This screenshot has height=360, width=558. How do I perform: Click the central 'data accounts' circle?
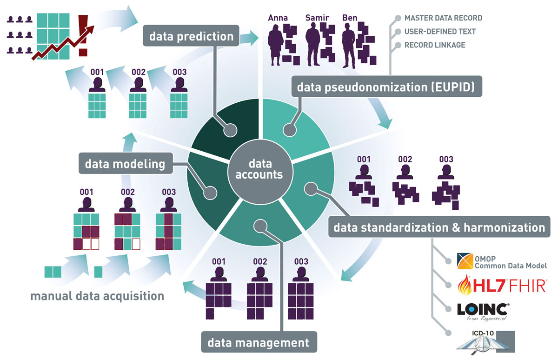coord(259,169)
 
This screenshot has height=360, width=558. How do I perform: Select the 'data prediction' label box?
coord(191,36)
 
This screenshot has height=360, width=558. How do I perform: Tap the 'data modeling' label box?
coord(125,164)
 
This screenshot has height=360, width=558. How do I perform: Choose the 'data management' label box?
coord(258,343)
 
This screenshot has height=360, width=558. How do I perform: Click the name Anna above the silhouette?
coord(278,18)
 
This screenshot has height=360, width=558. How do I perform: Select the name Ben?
coord(349,18)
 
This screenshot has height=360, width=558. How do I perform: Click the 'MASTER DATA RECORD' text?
coord(443,18)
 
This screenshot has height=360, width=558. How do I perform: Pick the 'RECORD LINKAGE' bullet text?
coord(434,45)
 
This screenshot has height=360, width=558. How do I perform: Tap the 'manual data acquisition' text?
coord(97,296)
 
